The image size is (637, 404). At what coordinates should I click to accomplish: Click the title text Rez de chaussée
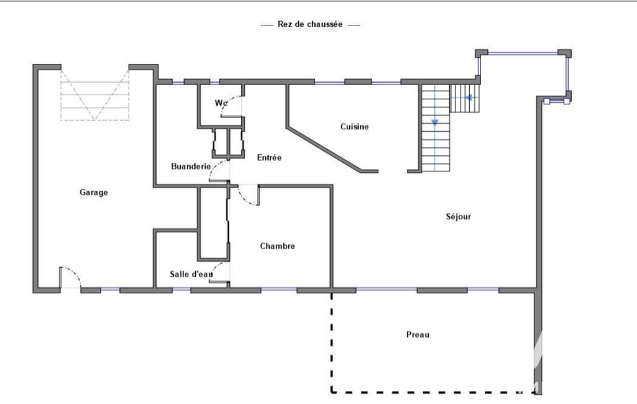(310, 24)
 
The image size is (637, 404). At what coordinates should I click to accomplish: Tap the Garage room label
(94, 192)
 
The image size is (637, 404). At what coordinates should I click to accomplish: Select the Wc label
(220, 103)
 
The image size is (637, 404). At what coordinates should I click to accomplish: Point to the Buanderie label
(191, 166)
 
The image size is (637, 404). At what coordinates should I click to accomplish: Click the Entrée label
(269, 158)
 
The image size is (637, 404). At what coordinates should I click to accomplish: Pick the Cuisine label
(355, 127)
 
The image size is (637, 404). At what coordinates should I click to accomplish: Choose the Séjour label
(459, 217)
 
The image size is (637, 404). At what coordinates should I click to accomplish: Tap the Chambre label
(277, 246)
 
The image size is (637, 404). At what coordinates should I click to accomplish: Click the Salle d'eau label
(191, 274)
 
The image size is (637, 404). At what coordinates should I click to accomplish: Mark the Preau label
(418, 334)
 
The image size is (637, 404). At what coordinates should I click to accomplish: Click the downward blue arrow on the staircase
(434, 122)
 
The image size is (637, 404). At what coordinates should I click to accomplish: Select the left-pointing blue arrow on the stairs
(469, 98)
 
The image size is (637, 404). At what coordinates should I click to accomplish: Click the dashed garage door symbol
(94, 95)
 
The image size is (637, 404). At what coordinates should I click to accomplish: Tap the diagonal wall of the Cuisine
(324, 149)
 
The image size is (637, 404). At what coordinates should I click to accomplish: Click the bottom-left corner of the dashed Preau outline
(332, 392)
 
